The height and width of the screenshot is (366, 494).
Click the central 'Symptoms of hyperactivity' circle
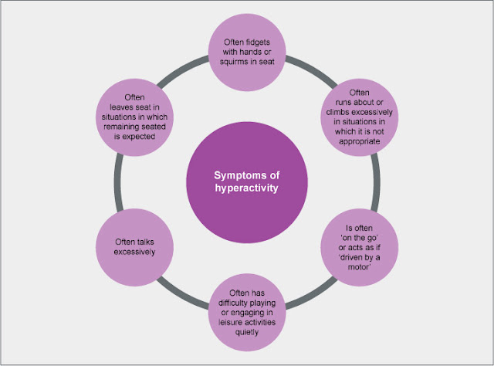point(247,182)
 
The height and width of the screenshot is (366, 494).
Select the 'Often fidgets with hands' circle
point(247,52)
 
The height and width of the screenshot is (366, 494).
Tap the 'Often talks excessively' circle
point(134,247)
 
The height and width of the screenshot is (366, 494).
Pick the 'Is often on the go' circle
point(360,247)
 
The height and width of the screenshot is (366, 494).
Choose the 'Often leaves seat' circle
point(134,117)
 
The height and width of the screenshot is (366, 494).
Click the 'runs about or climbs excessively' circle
point(360,117)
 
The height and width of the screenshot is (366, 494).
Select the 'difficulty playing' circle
point(247,313)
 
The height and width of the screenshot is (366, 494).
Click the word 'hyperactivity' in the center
point(247,188)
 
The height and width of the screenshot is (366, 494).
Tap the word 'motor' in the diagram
point(359,267)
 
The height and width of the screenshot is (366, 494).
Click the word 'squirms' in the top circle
point(233,62)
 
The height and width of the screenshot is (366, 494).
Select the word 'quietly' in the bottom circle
point(247,332)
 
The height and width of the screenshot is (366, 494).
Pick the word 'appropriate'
point(360,141)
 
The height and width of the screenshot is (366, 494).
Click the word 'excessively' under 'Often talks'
point(134,252)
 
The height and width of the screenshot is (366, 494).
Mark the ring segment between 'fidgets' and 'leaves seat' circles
point(182,70)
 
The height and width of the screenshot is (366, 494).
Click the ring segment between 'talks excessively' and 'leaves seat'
point(118,182)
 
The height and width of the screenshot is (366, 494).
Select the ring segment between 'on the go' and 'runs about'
point(376,182)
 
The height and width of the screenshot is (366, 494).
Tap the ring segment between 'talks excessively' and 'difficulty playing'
point(182,294)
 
